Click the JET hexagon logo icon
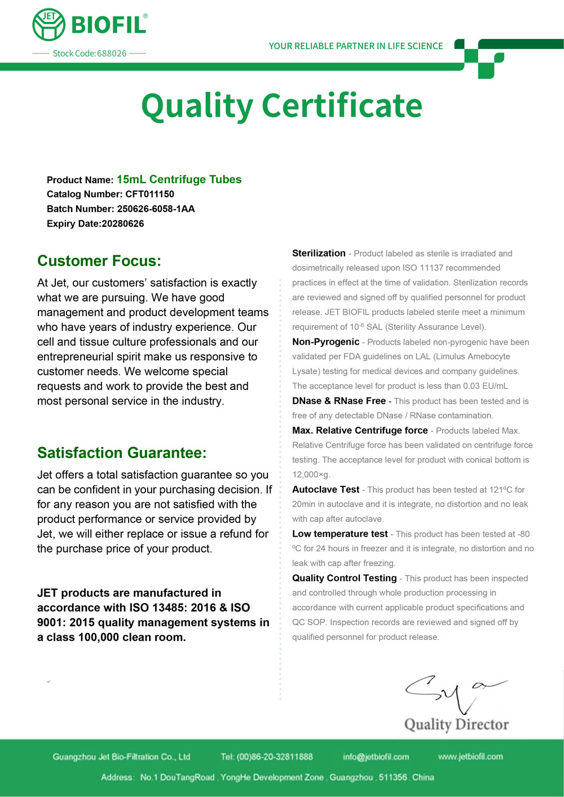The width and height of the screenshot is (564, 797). point(49,25)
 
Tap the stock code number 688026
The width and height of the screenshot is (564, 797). point(112,54)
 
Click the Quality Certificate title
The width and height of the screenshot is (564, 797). point(281,105)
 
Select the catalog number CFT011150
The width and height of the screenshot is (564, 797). point(149,194)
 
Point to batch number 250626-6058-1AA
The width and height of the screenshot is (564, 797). point(156,209)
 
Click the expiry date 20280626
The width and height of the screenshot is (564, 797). point(123,224)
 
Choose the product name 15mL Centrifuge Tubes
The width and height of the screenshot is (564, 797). point(179,180)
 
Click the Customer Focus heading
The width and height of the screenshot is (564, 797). point(99,261)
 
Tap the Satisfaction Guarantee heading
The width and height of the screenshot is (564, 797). point(122,453)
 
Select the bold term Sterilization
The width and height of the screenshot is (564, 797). point(319,254)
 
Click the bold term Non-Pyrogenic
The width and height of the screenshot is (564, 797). point(325,342)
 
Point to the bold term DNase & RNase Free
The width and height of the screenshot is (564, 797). point(338,401)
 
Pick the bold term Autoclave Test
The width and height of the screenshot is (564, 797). point(325,490)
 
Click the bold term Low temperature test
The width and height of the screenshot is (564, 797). point(340,534)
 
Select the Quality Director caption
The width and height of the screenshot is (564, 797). point(456,724)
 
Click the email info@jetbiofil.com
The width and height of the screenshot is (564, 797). point(376,757)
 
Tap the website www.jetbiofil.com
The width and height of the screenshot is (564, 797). point(470,756)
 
